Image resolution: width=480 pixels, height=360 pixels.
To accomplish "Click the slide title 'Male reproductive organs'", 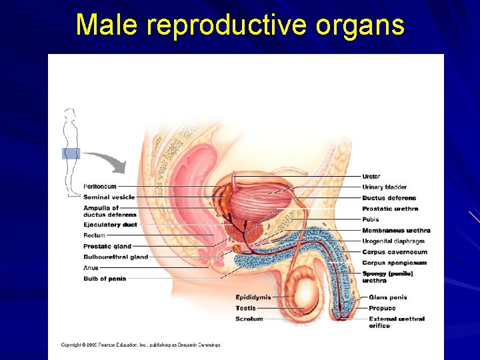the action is coord(240,25).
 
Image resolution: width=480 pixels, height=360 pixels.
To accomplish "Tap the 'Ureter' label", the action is coord(371,176).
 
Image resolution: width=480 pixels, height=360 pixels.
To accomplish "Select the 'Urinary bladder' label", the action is coord(384,187).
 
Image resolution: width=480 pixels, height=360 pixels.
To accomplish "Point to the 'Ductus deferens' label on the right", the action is coord(389,198).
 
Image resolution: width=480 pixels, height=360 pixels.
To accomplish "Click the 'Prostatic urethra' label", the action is coord(390,209).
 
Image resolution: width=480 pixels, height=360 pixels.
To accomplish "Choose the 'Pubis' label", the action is coord(371,219).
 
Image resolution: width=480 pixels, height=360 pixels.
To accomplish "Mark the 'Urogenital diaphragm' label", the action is coord(393,241).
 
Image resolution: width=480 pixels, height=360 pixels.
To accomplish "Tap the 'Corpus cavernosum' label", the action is coord(395,252).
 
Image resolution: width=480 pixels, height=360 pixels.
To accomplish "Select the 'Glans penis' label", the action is coord(388,297).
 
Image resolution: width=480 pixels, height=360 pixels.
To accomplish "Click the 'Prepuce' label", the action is coord(382,308).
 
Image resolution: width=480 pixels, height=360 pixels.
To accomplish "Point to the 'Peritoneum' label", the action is coord(100,186).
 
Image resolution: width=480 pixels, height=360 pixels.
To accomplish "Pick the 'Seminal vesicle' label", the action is coord(109,197).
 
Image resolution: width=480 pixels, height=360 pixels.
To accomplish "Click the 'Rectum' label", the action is coord(94,235).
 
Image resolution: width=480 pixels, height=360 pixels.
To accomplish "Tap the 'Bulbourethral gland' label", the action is coord(115,257).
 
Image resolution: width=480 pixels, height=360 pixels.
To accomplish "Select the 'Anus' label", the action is coord(91,268).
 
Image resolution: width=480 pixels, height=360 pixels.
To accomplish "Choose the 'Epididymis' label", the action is coord(253,297).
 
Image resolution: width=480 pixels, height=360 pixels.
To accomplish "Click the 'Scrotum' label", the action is coord(249,319).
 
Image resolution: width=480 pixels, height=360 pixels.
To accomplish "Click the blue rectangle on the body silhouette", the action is coord(71,153).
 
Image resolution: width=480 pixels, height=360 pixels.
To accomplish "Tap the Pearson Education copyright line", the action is coord(141,345).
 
